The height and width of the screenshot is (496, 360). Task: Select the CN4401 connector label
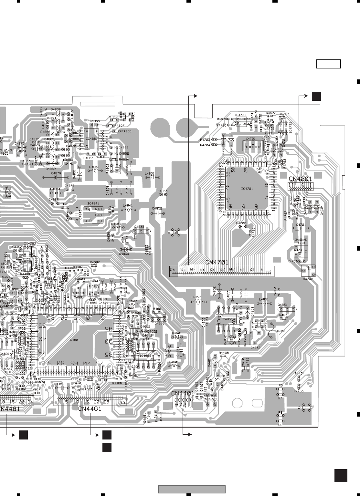(x=183, y=393)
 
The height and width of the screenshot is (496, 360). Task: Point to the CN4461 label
(x=90, y=409)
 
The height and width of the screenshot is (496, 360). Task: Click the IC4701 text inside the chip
(x=247, y=188)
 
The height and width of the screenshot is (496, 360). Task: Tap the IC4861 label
(x=92, y=139)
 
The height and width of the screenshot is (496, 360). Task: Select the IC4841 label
(x=93, y=203)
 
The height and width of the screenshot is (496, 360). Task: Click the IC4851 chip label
(x=227, y=319)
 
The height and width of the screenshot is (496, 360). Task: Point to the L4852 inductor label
(x=196, y=297)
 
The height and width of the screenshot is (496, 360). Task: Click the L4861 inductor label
(x=150, y=173)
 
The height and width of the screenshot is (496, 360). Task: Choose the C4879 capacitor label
(x=56, y=173)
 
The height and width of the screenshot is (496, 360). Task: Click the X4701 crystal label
(x=251, y=138)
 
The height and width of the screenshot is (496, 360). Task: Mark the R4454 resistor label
(x=299, y=373)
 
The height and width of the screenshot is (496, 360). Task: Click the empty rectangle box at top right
(x=328, y=64)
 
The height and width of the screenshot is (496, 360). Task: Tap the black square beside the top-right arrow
(x=316, y=96)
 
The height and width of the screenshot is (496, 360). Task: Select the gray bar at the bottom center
(x=192, y=489)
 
